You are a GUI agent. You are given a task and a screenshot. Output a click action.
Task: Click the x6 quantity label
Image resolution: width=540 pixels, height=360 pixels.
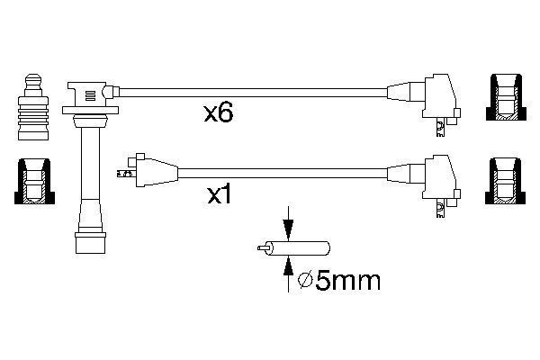219,113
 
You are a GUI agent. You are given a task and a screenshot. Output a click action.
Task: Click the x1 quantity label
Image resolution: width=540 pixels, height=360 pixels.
219,195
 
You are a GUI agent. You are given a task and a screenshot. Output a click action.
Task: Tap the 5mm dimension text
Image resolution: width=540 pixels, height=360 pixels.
347,281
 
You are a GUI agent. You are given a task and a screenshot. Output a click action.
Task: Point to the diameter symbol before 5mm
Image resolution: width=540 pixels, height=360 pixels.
305,281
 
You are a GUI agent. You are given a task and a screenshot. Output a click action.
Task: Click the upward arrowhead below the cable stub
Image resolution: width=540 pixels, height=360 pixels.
288,267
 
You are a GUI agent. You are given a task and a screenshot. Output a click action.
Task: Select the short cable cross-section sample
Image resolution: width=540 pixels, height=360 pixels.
293,248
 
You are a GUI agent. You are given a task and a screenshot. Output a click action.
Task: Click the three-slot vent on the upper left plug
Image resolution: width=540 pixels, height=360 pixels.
90,95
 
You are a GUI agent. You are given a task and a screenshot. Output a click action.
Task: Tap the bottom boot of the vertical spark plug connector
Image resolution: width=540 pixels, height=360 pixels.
90,243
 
